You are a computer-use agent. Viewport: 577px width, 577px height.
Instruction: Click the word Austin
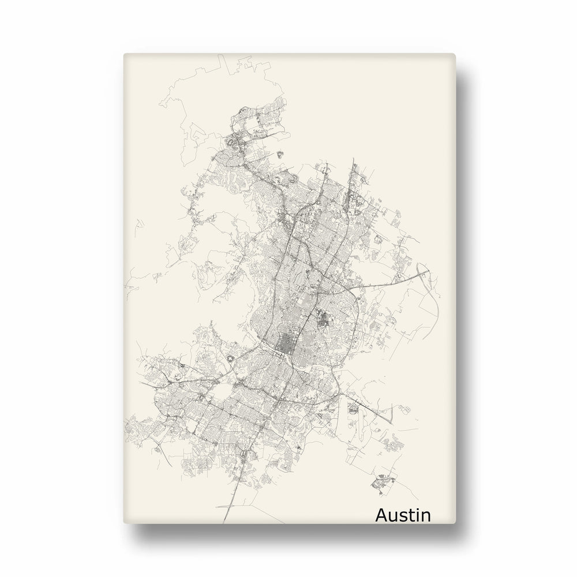point(403,514)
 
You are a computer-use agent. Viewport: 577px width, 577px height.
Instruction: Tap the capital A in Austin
point(383,514)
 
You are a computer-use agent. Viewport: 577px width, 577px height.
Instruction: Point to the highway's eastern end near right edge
point(428,271)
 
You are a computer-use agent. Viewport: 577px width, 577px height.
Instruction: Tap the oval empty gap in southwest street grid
point(219,393)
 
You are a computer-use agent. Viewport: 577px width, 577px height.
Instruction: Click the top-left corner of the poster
point(124,54)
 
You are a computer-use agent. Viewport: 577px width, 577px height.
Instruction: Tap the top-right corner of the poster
point(455,54)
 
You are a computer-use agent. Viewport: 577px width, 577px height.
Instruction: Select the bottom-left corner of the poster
point(124,524)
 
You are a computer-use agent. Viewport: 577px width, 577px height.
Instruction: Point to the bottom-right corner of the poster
point(455,524)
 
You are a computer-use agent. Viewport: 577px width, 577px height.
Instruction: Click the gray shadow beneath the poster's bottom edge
point(288,537)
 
